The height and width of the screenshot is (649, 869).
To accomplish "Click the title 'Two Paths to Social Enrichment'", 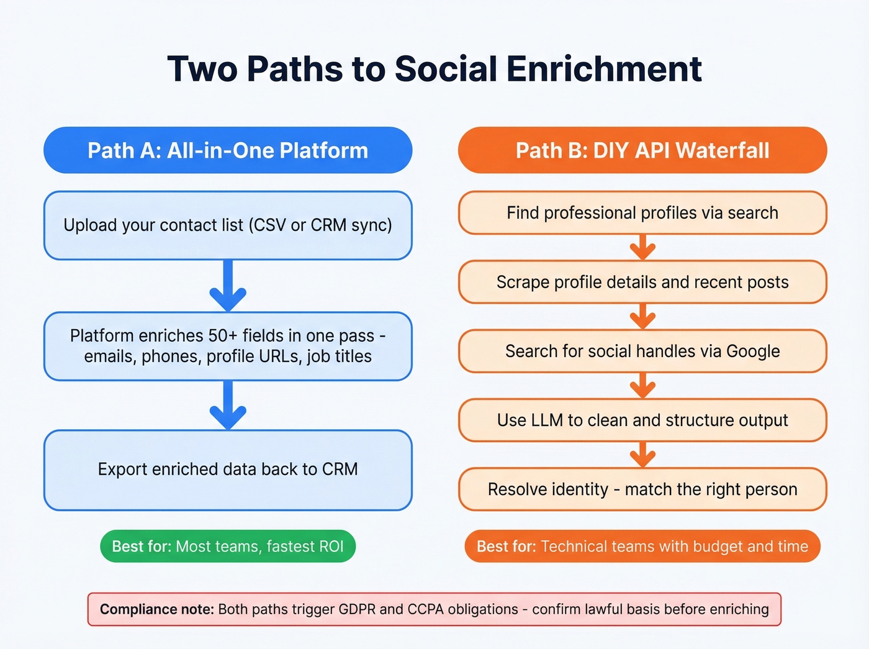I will (x=434, y=68).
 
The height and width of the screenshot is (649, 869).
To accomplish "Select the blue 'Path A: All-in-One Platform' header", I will (x=228, y=150).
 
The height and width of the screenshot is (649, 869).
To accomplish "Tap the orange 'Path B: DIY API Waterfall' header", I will (x=642, y=150).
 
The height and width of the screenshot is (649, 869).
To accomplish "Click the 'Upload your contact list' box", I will (x=228, y=225).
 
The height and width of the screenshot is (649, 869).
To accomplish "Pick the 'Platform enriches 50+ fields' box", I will (x=228, y=346).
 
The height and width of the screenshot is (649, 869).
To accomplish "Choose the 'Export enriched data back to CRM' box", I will (x=228, y=470).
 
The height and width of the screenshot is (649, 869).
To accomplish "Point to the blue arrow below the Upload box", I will (x=228, y=286).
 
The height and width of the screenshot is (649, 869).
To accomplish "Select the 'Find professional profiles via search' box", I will (x=642, y=213).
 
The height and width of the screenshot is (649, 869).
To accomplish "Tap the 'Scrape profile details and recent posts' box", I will (x=642, y=282).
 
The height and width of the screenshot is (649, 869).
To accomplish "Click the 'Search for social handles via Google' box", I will (x=642, y=352).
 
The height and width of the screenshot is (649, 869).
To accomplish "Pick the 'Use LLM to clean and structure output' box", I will (x=642, y=420).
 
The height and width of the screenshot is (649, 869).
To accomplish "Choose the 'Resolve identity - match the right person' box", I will (x=642, y=489).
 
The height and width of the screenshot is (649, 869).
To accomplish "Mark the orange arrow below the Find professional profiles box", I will (x=642, y=248).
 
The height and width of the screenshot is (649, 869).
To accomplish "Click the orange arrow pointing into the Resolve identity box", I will (x=642, y=455).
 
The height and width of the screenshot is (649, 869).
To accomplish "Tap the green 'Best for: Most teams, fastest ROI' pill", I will (x=228, y=547).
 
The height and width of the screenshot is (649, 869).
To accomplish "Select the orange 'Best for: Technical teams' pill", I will (x=642, y=547).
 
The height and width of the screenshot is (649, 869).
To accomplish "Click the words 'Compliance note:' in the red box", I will (x=157, y=609).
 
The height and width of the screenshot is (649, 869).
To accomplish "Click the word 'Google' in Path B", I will (x=752, y=352).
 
